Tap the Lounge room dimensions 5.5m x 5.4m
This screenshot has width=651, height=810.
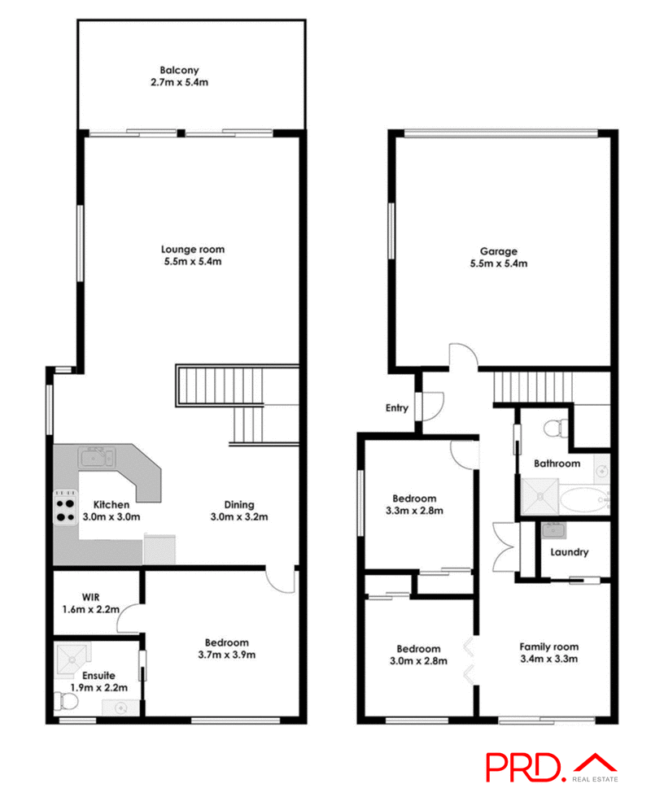click(x=192, y=262)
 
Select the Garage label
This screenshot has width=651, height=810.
click(x=498, y=251)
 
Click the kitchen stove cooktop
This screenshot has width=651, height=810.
click(x=65, y=508)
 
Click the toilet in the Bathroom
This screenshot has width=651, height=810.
click(x=557, y=424)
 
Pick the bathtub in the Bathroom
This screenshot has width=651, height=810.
click(x=581, y=498)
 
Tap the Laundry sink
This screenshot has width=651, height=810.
click(x=555, y=531)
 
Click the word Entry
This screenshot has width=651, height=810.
click(x=397, y=408)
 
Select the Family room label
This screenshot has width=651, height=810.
click(x=548, y=647)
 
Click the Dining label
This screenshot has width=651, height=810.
click(x=239, y=504)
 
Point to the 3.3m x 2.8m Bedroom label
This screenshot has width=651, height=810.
click(x=414, y=499)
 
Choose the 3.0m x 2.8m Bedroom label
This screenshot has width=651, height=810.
click(x=418, y=649)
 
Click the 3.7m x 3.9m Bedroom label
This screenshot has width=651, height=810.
click(x=227, y=642)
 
